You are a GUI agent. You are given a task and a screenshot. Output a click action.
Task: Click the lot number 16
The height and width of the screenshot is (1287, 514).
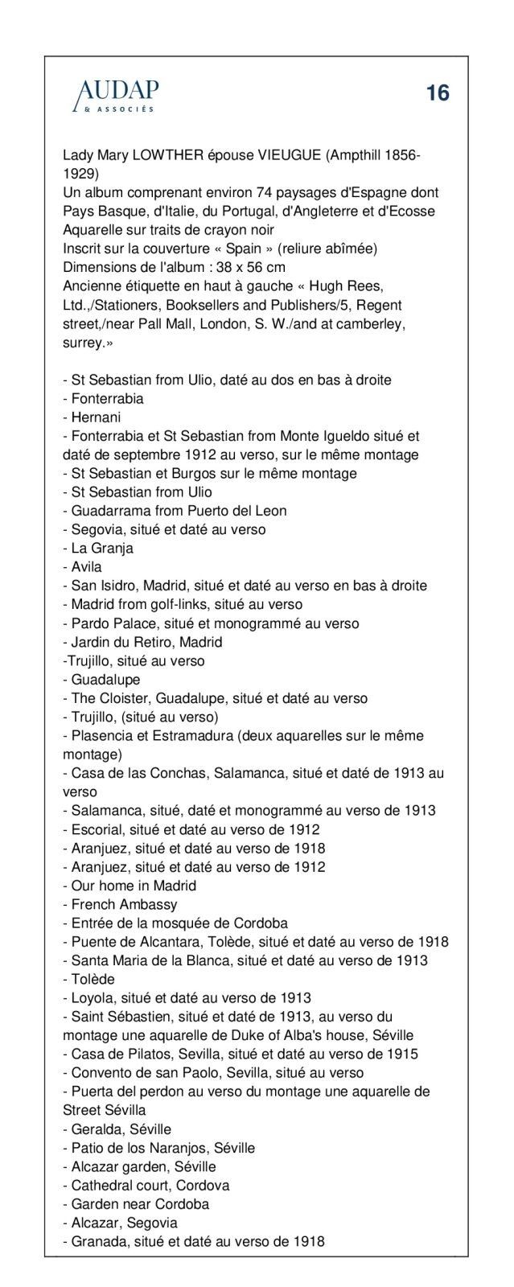(x=438, y=94)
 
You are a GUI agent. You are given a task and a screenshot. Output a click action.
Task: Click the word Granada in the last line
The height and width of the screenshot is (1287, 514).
(x=97, y=1241)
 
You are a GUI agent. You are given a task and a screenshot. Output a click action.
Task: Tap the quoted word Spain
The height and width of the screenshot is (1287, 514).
(x=245, y=249)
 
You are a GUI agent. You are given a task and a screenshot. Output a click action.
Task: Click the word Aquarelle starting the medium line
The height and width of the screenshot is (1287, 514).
(x=94, y=230)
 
